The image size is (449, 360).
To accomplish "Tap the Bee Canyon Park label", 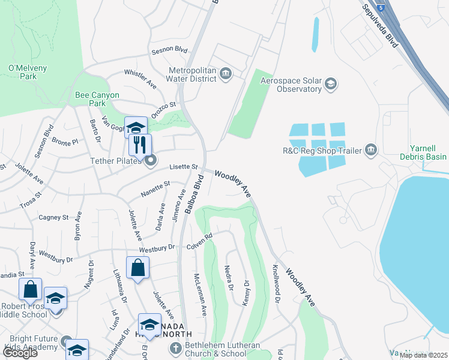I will [97, 99].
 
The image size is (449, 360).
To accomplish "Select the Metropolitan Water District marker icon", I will [226, 74].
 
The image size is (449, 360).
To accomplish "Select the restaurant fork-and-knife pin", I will [140, 144].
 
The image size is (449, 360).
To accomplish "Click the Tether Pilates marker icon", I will [151, 160].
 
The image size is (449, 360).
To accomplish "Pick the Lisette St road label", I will [184, 166].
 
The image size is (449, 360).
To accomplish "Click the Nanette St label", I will [155, 189].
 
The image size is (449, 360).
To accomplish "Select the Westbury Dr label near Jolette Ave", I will [157, 248].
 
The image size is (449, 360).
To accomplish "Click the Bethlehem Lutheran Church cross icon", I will [176, 348].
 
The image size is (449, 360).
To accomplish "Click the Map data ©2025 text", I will [423, 355].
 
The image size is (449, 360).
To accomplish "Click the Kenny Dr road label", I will [246, 293].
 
